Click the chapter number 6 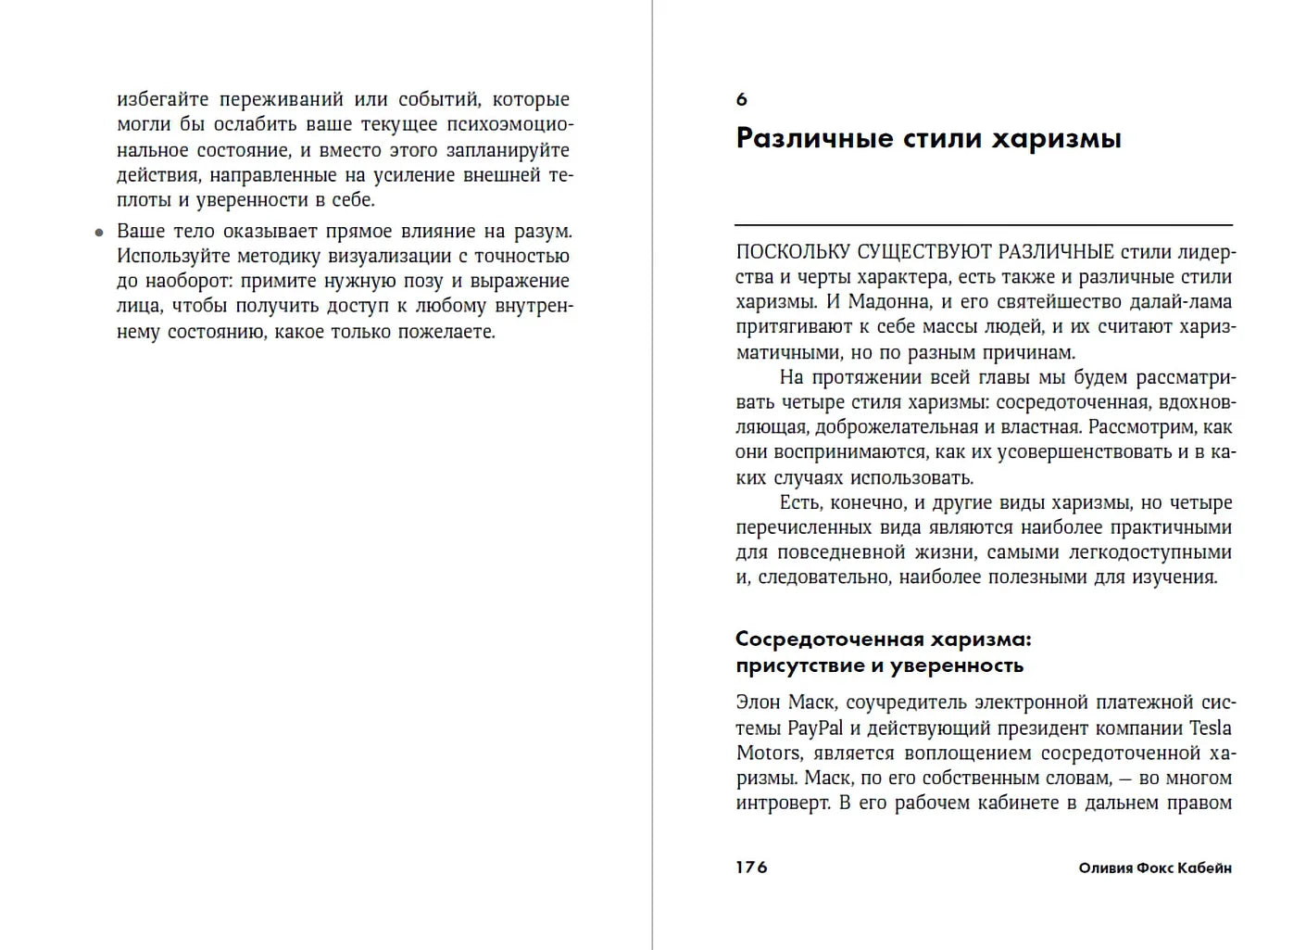741,99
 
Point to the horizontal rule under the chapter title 983,225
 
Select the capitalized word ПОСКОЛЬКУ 793,252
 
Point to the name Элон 758,703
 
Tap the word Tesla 1210,728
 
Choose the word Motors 769,754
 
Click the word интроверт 782,804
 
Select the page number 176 751,868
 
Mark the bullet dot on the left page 99,233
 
